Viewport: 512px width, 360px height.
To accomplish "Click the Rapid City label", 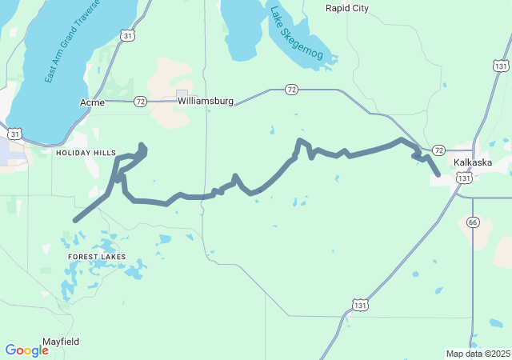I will pyautogui.click(x=347, y=8).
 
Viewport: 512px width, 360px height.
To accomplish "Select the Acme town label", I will pyautogui.click(x=92, y=102).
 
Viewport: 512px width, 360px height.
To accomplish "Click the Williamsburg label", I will pyautogui.click(x=206, y=102).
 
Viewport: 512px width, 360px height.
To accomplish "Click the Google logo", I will pyautogui.click(x=26, y=350).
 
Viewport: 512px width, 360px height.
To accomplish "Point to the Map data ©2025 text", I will pyautogui.click(x=477, y=354).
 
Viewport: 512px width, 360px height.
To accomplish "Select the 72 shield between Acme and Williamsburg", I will pyautogui.click(x=141, y=102).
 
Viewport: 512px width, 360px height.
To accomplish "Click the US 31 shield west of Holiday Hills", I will pyautogui.click(x=14, y=133).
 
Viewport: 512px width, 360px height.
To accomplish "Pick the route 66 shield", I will pyautogui.click(x=473, y=222).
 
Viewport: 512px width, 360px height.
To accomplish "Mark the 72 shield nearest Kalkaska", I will pyautogui.click(x=438, y=150).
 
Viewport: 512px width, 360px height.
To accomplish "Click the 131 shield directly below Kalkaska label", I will pyautogui.click(x=464, y=179).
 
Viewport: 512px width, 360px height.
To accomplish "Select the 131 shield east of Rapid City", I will pyautogui.click(x=501, y=66).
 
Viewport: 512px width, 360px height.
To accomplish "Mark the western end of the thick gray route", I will pyautogui.click(x=75, y=220).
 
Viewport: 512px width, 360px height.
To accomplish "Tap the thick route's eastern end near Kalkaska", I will pyautogui.click(x=438, y=174).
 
